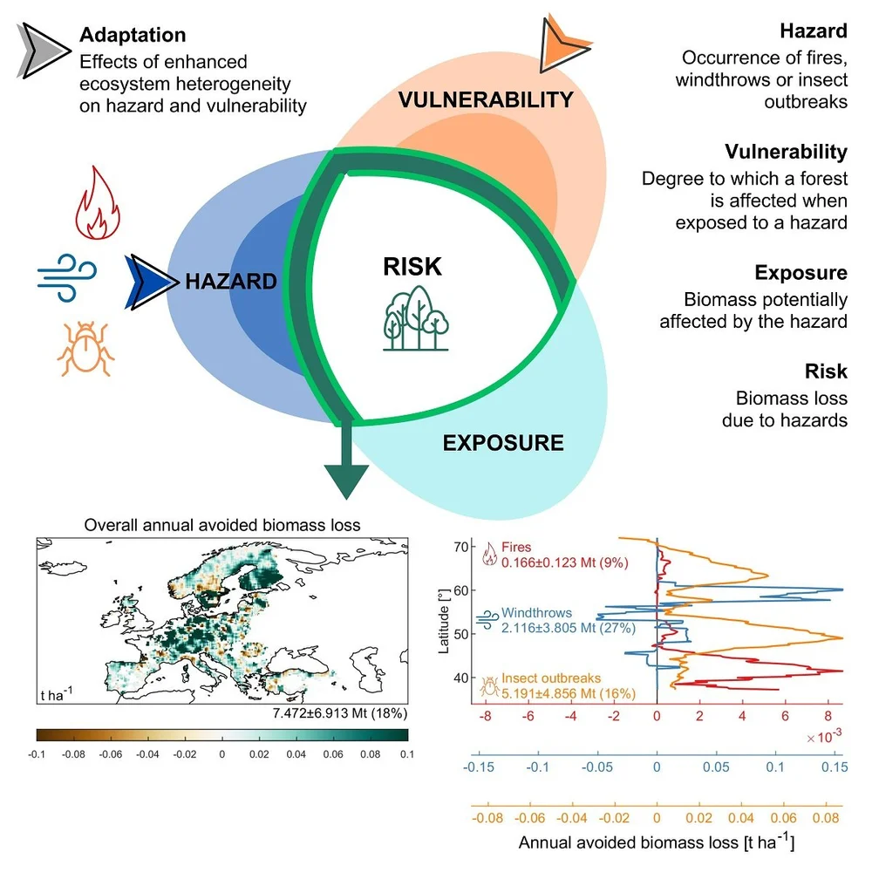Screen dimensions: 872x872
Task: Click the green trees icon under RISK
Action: click(416, 318)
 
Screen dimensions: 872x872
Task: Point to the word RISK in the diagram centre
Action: click(412, 266)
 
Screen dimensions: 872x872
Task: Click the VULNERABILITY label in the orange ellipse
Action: click(485, 99)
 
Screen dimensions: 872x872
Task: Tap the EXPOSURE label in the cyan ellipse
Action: click(503, 443)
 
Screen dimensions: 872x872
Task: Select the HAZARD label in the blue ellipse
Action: click(230, 282)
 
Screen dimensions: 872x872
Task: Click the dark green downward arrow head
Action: click(346, 480)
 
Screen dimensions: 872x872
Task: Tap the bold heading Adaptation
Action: click(133, 36)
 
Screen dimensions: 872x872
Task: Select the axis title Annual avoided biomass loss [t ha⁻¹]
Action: click(657, 842)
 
